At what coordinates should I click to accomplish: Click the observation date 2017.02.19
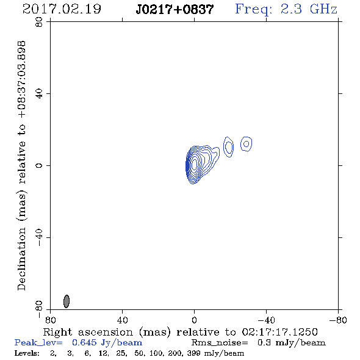point(62,9)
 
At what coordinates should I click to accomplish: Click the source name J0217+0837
point(175,9)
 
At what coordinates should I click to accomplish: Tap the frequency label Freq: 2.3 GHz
point(286,9)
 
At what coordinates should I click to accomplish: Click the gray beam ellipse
point(67,301)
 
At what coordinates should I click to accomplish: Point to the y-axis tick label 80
point(39,22)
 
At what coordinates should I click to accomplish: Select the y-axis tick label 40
point(39,94)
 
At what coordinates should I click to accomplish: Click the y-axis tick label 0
point(39,165)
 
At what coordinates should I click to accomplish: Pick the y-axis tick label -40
point(39,237)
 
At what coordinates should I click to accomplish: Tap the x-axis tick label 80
point(50,320)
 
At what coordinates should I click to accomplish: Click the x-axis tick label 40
point(122,320)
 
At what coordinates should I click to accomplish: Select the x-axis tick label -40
point(266,320)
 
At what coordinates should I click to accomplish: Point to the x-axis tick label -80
point(338,320)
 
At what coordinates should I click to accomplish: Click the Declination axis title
point(21,165)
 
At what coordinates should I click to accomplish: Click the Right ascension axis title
point(180,332)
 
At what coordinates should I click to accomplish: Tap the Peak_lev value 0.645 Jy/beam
point(107,343)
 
